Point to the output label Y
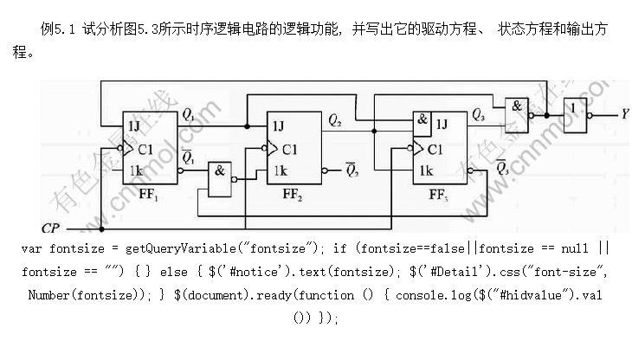625,113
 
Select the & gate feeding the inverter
516,108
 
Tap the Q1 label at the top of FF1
188,112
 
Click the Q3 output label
479,114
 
